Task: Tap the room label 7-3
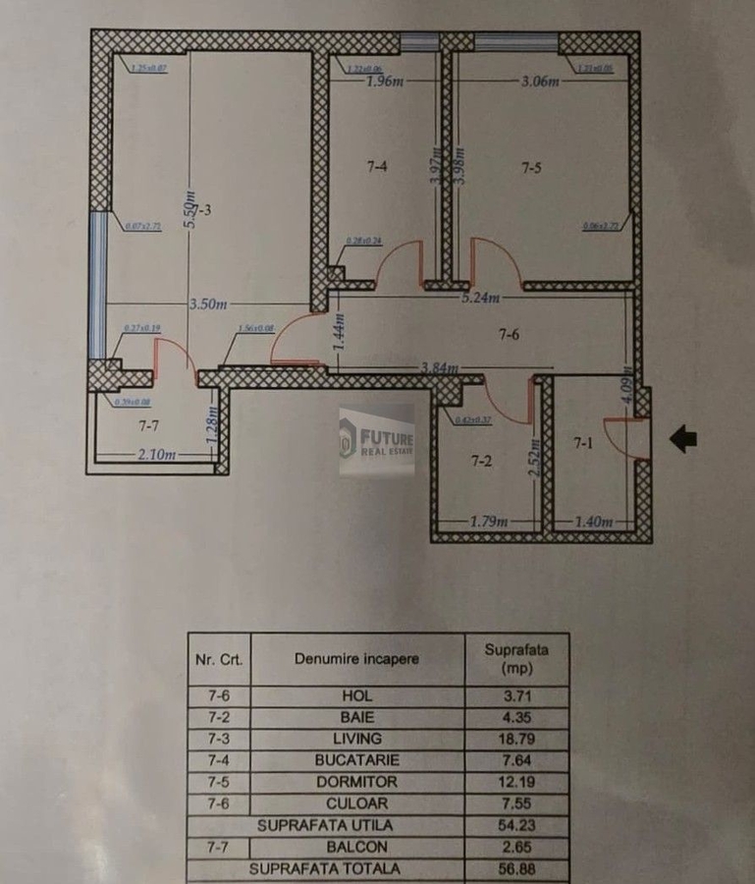pos(202,210)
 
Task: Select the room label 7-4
pos(377,168)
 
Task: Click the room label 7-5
pos(530,168)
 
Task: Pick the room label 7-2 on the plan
pos(481,460)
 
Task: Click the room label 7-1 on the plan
pos(583,443)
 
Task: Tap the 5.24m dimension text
pos(481,299)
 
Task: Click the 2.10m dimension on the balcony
pos(157,455)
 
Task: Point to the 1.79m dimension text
pos(487,520)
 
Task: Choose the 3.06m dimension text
pos(540,82)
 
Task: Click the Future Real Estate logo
pos(377,439)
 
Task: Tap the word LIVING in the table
pos(357,739)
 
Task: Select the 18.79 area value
pos(516,739)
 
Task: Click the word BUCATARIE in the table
pos(357,760)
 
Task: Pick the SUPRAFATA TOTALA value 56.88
pos(516,869)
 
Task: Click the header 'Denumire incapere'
pos(356,658)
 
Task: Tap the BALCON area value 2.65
pos(516,847)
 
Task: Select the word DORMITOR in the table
pos(357,782)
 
